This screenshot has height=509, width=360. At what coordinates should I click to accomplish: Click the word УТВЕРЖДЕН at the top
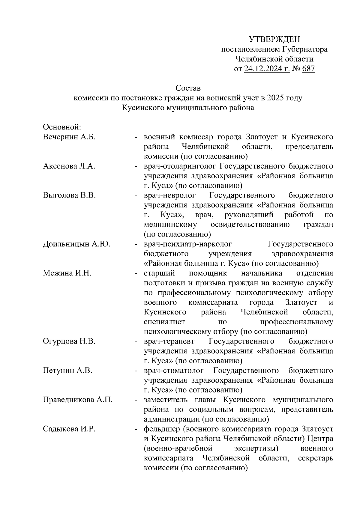tap(274, 39)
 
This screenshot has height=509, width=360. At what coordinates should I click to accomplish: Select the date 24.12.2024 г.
tap(267, 69)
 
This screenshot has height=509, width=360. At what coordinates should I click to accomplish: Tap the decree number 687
tap(308, 69)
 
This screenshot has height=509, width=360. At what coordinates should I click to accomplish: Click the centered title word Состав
tap(188, 88)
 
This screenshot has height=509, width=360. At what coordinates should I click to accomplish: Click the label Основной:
tap(62, 127)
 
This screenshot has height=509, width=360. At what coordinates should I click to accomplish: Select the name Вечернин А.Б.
tap(69, 137)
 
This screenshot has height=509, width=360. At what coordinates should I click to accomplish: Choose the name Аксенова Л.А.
tap(69, 166)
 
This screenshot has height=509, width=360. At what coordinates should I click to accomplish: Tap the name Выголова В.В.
tap(69, 195)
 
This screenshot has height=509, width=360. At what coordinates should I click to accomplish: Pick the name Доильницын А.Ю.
tap(76, 244)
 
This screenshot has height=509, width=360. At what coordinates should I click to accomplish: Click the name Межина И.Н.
tap(67, 273)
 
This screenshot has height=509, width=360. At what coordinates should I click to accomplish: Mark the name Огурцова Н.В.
tap(69, 341)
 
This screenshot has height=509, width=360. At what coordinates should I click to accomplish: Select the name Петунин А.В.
tap(67, 371)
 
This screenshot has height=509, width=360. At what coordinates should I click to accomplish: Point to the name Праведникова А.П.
tap(78, 400)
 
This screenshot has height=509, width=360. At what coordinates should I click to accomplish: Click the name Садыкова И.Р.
tap(69, 429)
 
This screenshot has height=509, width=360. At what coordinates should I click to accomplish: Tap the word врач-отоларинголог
tap(180, 166)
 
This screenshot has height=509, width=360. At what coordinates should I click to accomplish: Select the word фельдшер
tap(161, 429)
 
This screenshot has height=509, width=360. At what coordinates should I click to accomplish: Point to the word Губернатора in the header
tap(305, 49)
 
